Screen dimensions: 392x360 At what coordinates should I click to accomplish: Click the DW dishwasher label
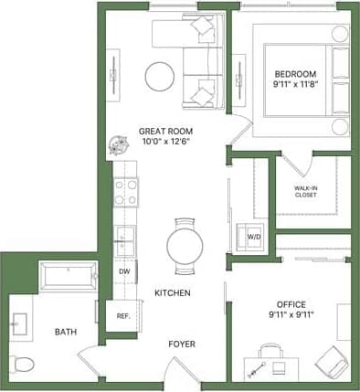(123, 270)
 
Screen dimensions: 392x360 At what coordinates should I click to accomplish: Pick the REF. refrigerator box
(122, 315)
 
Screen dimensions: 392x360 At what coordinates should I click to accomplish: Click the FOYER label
(181, 344)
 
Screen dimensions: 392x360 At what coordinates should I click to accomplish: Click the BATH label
(64, 332)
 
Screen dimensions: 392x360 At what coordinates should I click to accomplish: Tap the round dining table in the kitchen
(185, 245)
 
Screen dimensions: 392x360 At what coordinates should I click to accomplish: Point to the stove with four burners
(125, 192)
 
